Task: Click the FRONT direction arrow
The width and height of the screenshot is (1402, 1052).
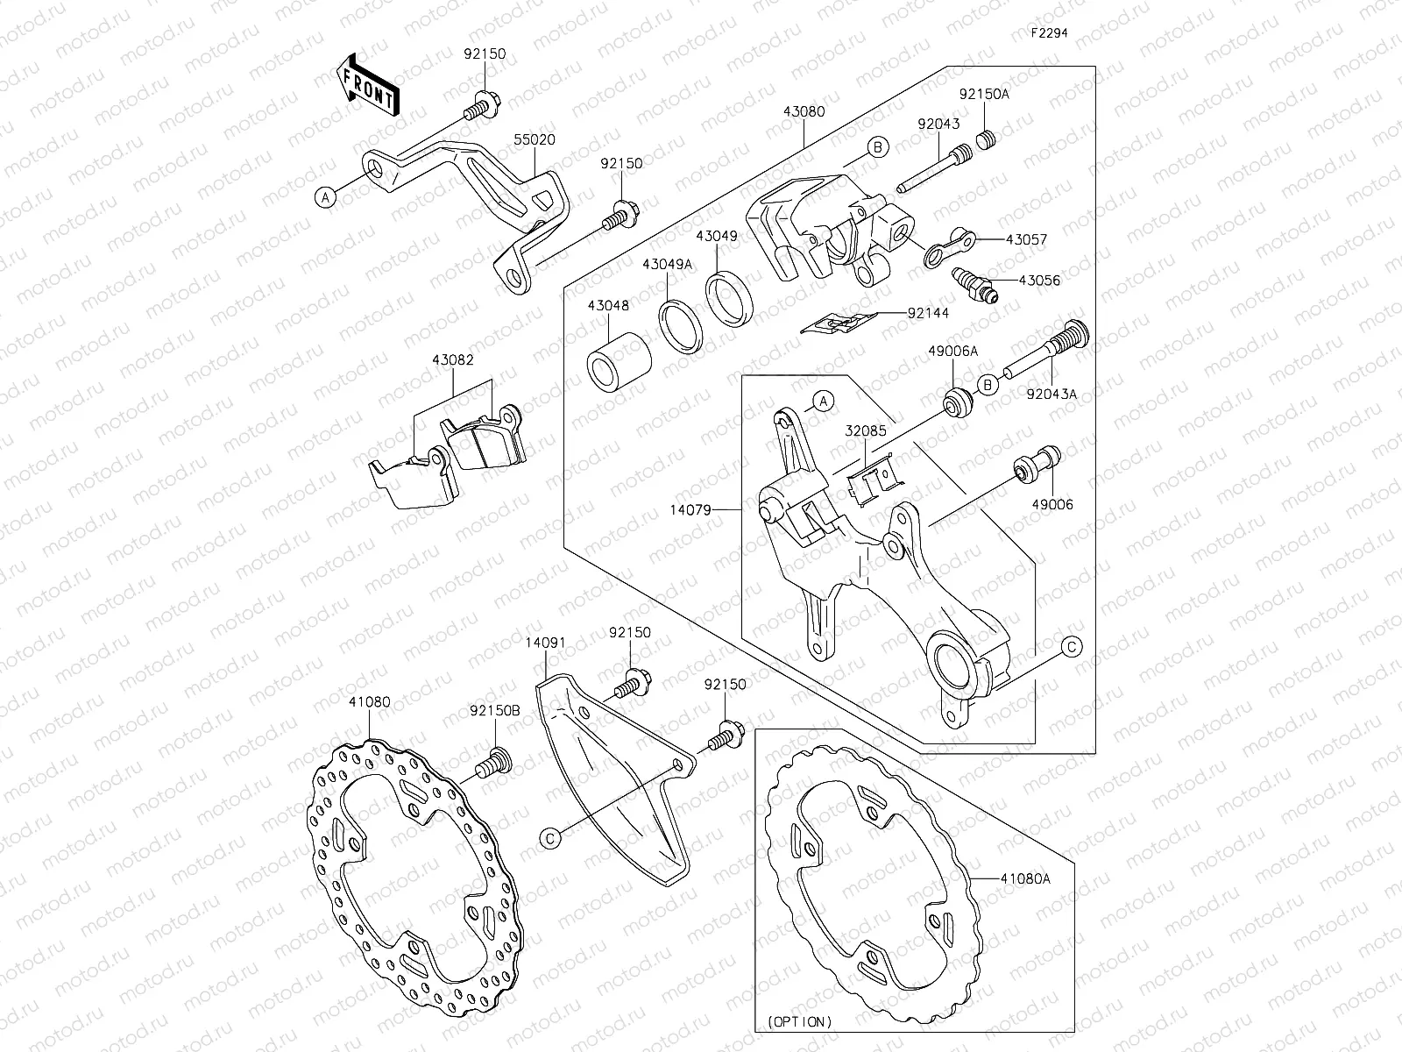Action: coord(367,85)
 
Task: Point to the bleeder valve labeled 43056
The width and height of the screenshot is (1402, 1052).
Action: coord(974,287)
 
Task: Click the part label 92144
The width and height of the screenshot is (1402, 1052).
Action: coord(928,312)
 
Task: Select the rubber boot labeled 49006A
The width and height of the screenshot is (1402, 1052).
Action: coord(958,403)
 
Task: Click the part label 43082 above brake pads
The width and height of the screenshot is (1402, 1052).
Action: coord(452,359)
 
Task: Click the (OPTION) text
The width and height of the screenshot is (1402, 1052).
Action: coord(800,1022)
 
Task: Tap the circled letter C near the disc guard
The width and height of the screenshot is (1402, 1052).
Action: coord(550,838)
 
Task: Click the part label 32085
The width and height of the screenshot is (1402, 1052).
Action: coord(866,431)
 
